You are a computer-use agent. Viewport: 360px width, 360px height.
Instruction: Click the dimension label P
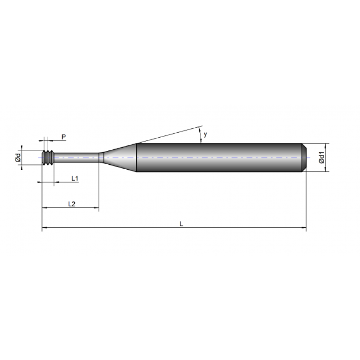(x=63, y=136)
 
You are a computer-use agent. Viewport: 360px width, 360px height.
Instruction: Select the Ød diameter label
(x=18, y=157)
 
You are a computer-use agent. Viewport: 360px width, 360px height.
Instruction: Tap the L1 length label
(x=75, y=178)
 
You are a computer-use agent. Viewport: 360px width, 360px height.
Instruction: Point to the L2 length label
(x=71, y=204)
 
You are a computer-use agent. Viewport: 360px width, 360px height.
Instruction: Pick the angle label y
(x=205, y=134)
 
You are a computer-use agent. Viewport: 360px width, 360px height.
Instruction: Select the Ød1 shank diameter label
(x=321, y=157)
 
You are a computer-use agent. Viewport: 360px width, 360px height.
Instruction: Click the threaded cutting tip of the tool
(x=48, y=157)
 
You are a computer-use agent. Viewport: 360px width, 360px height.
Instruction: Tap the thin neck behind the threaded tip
(x=76, y=157)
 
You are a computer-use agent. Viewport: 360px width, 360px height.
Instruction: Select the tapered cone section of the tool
(x=119, y=157)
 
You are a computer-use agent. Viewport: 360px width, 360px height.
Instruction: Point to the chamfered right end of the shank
(x=304, y=157)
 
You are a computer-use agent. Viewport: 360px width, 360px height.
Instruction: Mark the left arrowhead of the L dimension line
(x=44, y=229)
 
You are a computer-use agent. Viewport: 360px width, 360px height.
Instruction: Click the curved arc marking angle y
(x=200, y=134)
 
